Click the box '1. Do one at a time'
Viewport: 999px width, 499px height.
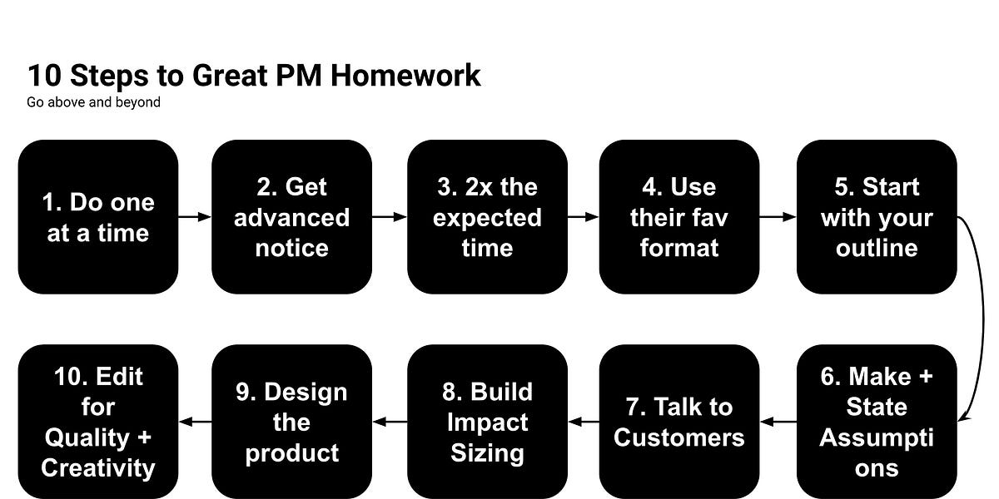click(98, 216)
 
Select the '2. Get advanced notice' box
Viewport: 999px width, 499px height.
click(291, 216)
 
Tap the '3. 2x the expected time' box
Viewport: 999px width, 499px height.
click(487, 216)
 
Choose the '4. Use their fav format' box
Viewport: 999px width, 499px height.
click(679, 216)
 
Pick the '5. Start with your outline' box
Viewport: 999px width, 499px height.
click(877, 216)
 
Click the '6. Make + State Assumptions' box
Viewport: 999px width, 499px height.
click(877, 422)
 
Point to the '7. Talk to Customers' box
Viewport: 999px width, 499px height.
click(679, 422)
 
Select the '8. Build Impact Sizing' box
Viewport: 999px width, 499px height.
click(487, 422)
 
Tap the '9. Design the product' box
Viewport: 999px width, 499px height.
click(291, 422)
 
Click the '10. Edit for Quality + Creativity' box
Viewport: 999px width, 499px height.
click(98, 422)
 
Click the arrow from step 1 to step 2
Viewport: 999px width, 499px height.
click(195, 217)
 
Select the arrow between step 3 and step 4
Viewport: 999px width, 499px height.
click(583, 217)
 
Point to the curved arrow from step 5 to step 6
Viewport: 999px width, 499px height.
click(982, 316)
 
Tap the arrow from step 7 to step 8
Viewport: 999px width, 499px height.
click(584, 422)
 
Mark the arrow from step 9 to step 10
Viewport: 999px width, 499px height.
click(195, 422)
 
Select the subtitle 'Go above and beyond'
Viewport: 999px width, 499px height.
click(93, 103)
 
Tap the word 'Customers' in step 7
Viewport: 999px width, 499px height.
click(679, 437)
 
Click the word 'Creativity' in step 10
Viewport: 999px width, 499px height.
click(98, 468)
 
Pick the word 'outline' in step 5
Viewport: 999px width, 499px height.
click(877, 248)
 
